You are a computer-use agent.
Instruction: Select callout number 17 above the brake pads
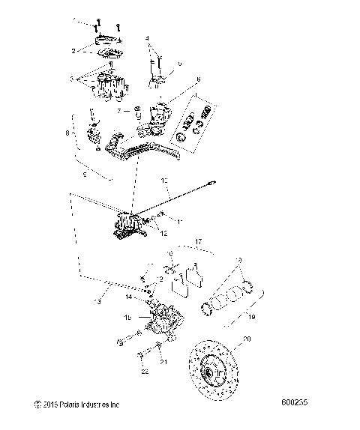coord(198,241)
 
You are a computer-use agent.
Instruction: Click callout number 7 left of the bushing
coord(118,110)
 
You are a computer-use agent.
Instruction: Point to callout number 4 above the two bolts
coord(148,37)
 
